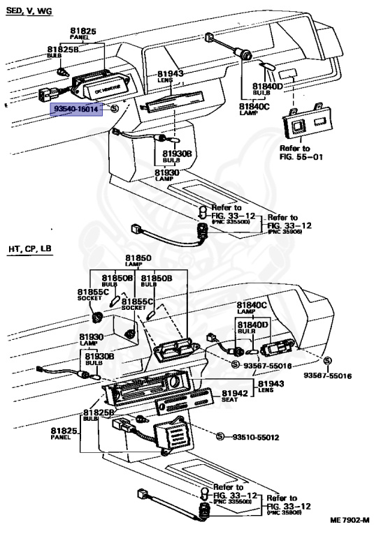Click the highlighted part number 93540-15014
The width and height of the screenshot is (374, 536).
tap(76, 109)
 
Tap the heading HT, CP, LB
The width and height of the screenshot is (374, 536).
tap(29, 248)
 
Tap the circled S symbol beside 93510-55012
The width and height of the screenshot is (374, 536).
tap(219, 437)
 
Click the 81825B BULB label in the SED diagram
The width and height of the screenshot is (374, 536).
tap(63, 52)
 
